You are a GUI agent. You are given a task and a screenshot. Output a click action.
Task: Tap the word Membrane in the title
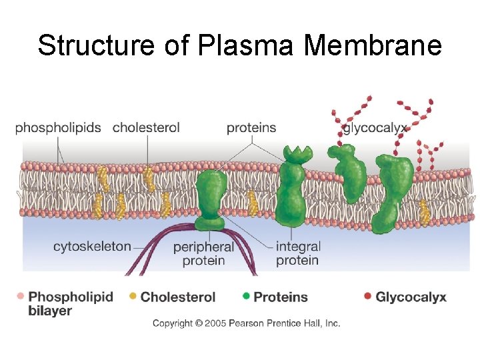pos(373,46)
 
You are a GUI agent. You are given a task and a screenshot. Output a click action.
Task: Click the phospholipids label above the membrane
pos(58,127)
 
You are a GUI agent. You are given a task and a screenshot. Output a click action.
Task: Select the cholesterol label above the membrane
pos(146,127)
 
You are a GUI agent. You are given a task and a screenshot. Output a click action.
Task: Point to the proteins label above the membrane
pos(251,127)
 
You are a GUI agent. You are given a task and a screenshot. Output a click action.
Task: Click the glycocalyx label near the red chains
pos(375,128)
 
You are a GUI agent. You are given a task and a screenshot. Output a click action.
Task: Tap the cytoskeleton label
pos(92,246)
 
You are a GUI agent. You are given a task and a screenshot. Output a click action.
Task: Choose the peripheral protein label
pos(203,253)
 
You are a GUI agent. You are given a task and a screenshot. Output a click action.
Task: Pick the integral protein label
pos(298,253)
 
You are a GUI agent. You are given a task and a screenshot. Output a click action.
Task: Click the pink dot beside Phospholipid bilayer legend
pos(21,296)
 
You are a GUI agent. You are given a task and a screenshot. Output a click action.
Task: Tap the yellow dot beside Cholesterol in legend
pos(133,296)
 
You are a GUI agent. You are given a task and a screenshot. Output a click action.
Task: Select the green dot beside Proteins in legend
pos(246,296)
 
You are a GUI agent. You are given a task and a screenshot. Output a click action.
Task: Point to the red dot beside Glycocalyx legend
pos(367,296)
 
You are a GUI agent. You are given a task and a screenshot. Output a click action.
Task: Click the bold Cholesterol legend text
pos(178,297)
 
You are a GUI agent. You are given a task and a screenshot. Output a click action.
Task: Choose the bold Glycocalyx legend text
pos(411,297)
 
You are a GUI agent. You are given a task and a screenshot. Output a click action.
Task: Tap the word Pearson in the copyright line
pos(249,323)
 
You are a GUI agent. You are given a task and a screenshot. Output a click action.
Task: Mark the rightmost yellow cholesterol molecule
pos(424,212)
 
